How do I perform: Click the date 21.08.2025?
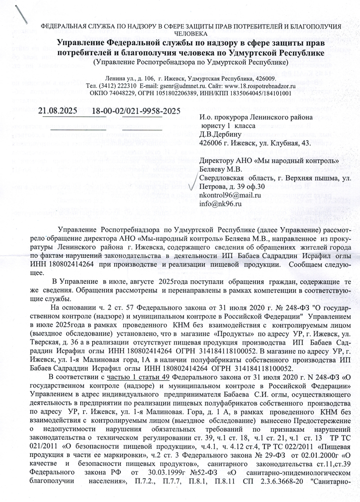[58, 110]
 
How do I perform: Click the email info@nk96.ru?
[221, 203]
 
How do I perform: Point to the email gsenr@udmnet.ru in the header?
[176, 86]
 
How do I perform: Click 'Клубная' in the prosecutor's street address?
[283, 143]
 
